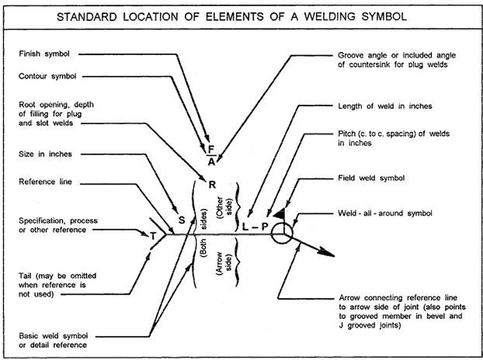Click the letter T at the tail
[x=154, y=236]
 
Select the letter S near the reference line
[x=182, y=220]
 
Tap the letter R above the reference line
[x=212, y=185]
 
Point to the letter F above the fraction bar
[x=211, y=149]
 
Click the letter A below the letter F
[x=211, y=161]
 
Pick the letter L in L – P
[x=245, y=227]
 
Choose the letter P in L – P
[x=265, y=227]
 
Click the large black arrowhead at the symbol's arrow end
[x=326, y=252]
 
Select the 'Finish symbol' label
[x=44, y=54]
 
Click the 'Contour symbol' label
[x=47, y=76]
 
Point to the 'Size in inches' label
[x=45, y=154]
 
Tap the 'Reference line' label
[x=45, y=182]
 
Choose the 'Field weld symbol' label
[x=371, y=178]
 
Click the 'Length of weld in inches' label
[x=384, y=106]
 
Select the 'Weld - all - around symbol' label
[x=384, y=213]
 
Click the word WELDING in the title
[x=329, y=16]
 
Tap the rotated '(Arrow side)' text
[x=224, y=263]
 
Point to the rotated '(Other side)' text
[x=224, y=208]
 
